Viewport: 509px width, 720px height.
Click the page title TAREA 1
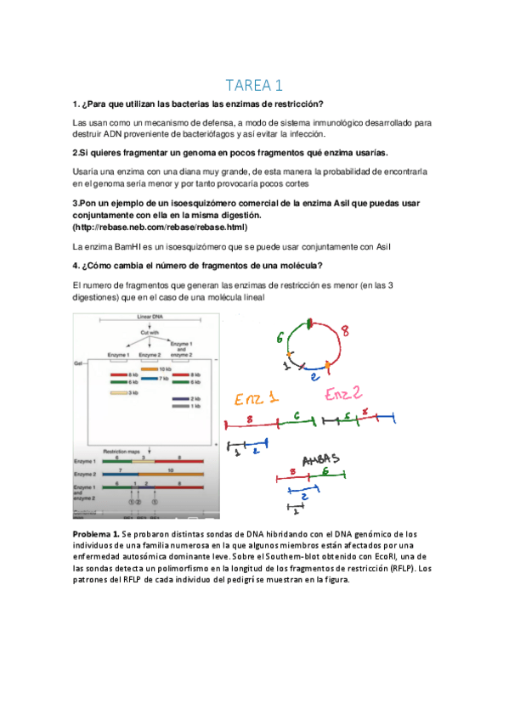[x=254, y=85]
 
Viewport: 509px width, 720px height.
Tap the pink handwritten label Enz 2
[x=345, y=393]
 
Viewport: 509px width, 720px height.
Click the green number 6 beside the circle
[x=280, y=338]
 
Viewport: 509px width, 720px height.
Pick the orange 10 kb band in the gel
[x=150, y=369]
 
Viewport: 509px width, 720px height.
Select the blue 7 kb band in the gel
[x=150, y=378]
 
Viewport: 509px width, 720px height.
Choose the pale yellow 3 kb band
[x=118, y=393]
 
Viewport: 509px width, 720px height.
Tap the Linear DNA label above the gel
[x=150, y=316]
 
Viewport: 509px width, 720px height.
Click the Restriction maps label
[x=121, y=451]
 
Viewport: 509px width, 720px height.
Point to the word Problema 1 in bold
[x=98, y=532]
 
